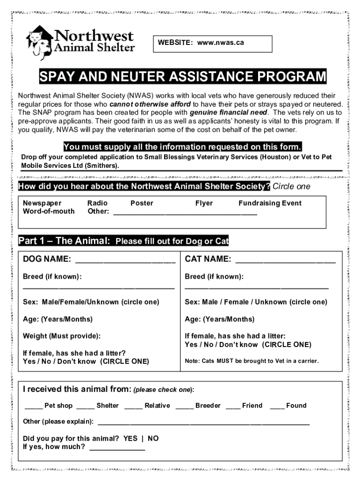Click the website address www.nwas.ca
(220, 43)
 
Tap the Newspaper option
(42, 203)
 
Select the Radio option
(97, 203)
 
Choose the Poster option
(142, 203)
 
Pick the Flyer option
(204, 203)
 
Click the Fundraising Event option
(270, 203)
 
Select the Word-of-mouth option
(49, 211)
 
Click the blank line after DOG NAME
(125, 260)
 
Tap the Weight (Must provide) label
(62, 336)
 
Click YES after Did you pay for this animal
(130, 438)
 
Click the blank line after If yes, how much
(117, 448)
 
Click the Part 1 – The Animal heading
(64, 241)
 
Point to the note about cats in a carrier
(252, 361)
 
